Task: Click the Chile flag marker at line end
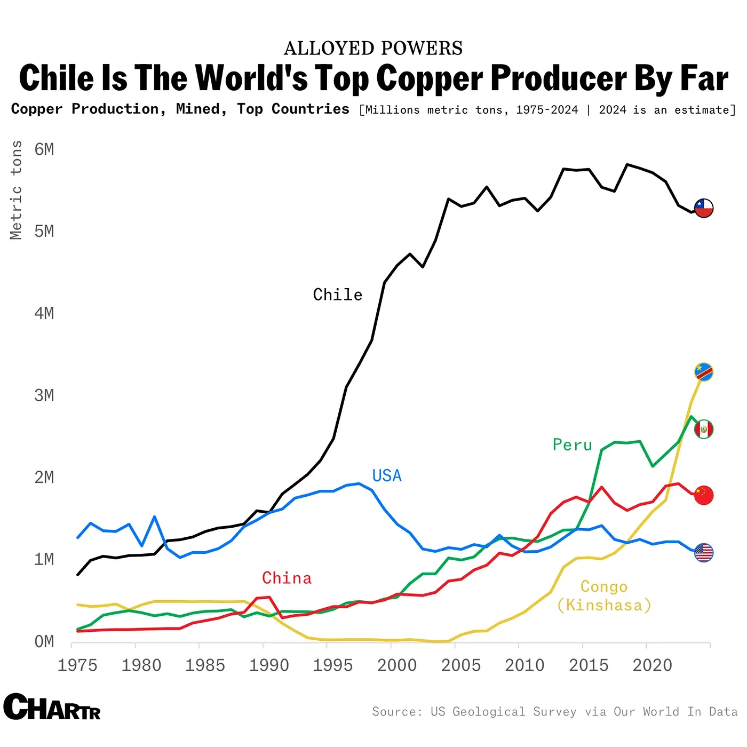click(704, 208)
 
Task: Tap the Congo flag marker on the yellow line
click(704, 372)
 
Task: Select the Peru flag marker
click(704, 429)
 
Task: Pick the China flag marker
click(704, 495)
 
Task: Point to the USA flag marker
click(704, 553)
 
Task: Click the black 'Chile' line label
click(338, 295)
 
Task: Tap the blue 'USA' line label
click(387, 475)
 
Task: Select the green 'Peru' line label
click(573, 444)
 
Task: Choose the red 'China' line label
click(287, 578)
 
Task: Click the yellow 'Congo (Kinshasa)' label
click(604, 596)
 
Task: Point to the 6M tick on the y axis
click(44, 149)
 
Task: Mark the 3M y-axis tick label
click(44, 395)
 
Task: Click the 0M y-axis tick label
click(44, 641)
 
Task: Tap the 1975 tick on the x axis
click(77, 665)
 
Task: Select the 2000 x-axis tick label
click(397, 665)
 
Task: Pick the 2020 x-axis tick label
click(653, 665)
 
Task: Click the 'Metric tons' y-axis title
click(17, 190)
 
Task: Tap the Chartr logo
click(52, 707)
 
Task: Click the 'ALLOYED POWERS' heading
click(373, 49)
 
